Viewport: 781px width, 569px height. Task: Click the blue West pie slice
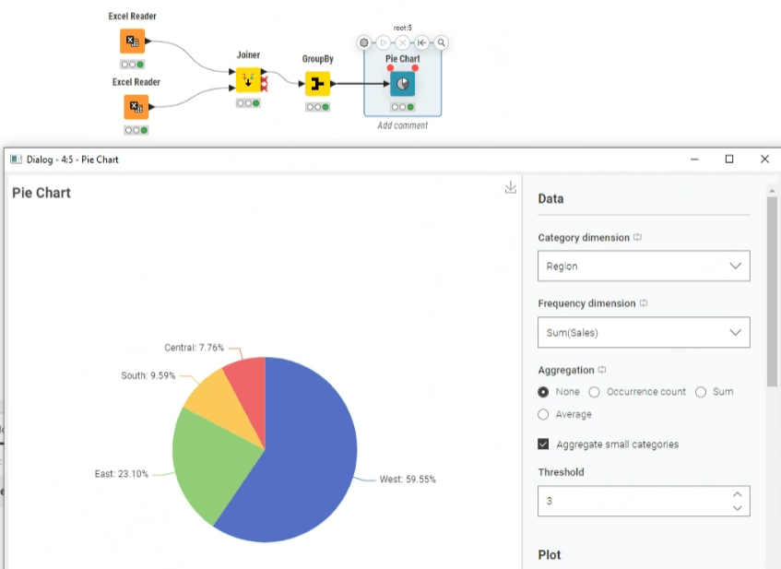(x=304, y=463)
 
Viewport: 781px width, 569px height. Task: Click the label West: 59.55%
(x=408, y=480)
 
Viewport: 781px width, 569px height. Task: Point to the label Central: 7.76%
(x=195, y=348)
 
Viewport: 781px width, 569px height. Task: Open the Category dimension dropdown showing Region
(x=644, y=267)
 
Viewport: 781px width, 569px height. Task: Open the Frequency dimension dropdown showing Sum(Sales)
(x=644, y=332)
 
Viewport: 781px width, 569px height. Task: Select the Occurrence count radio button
(x=594, y=392)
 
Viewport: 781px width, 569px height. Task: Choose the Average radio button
(x=543, y=415)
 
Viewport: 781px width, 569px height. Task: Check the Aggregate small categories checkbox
(x=543, y=444)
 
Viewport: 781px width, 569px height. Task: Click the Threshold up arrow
(x=737, y=494)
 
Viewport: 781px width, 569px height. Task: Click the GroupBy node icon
(x=317, y=84)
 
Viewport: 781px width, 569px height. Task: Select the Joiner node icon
(x=248, y=80)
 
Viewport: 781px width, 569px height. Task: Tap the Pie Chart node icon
(x=402, y=84)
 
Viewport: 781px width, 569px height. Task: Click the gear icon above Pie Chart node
(x=364, y=42)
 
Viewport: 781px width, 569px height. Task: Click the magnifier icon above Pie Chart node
(x=442, y=42)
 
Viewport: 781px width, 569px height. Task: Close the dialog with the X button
(x=764, y=159)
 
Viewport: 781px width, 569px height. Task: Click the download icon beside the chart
(x=511, y=187)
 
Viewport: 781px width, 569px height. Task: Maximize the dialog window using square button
(x=729, y=159)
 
